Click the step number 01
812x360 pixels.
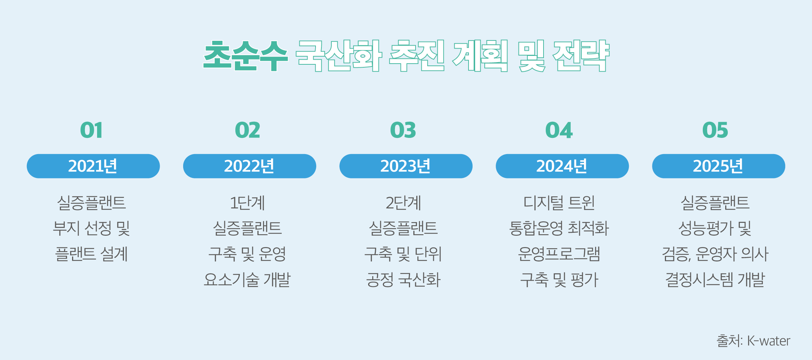coord(91,130)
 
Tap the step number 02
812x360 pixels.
coord(247,130)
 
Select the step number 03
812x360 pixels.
coord(403,130)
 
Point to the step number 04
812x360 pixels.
coord(559,130)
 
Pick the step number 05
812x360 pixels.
coord(715,130)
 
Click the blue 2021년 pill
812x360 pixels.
coord(93,166)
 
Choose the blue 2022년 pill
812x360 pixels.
coord(250,166)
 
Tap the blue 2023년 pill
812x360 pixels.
coord(406,166)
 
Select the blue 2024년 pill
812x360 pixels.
coord(562,166)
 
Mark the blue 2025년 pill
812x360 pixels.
coord(719,166)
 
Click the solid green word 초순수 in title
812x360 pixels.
coord(246,56)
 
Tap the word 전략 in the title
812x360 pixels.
coord(581,56)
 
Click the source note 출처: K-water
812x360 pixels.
coord(753,341)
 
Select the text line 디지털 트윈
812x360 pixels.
coord(559,203)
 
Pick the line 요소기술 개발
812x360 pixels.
coord(247,279)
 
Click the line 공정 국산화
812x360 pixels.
coord(403,279)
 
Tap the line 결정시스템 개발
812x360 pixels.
coord(715,279)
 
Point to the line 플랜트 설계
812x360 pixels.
coord(91,254)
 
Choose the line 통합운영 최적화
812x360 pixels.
coord(559,228)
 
